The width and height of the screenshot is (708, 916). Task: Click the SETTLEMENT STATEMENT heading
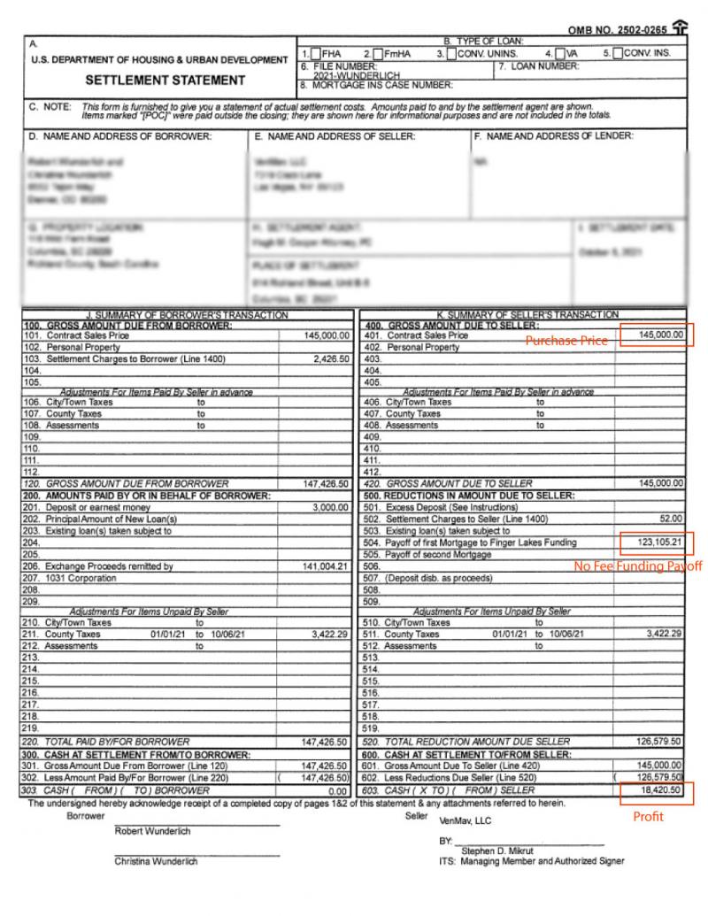click(x=165, y=81)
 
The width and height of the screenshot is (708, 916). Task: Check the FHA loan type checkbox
click(x=317, y=53)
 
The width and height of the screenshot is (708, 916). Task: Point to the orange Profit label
click(x=648, y=817)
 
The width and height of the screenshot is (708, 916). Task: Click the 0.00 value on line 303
click(x=340, y=789)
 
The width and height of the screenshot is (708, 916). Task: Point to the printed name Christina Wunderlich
click(x=157, y=862)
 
